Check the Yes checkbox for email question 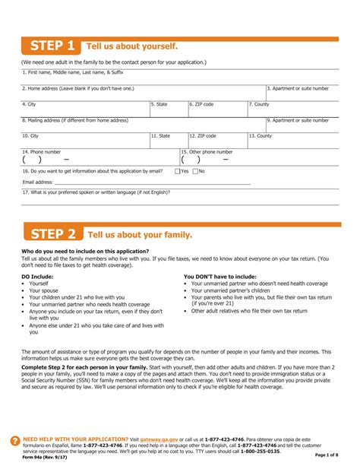point(177,171)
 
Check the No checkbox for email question point(195,171)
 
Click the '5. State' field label point(159,104)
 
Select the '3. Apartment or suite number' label point(300,88)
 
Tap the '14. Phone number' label point(42,151)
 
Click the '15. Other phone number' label point(207,151)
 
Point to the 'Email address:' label point(38,182)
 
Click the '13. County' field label point(260,135)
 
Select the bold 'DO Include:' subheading point(37,276)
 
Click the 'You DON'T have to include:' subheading point(219,276)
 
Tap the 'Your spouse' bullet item point(43,290)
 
